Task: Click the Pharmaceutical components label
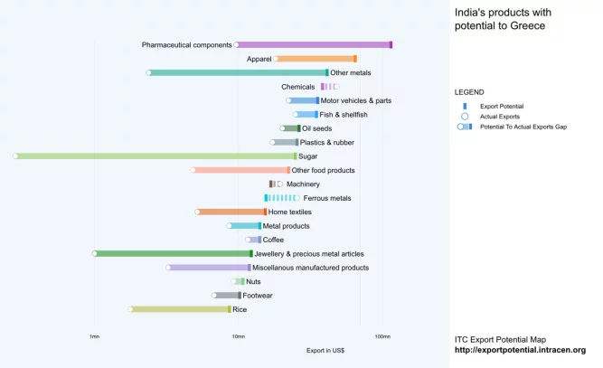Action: point(186,44)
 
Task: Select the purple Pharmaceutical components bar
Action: point(314,44)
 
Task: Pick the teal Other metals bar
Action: point(239,72)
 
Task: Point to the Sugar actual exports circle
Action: point(15,156)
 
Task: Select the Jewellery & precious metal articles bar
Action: point(172,254)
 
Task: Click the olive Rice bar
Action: point(181,309)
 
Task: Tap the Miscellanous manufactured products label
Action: point(311,268)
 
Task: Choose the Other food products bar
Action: point(241,170)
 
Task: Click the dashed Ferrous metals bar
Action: point(281,198)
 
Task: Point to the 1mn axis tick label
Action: point(94,337)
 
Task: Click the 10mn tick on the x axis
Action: point(238,337)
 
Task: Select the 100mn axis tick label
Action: point(382,337)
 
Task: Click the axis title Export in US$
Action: point(325,350)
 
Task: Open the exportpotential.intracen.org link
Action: point(520,350)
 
